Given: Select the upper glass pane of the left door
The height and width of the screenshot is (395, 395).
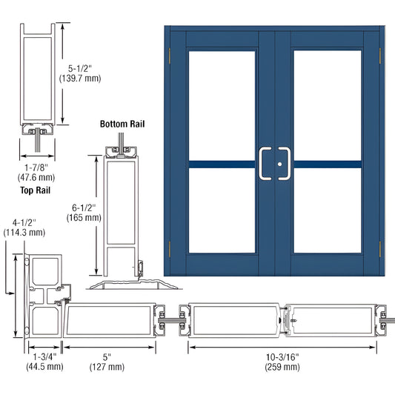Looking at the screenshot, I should tap(222, 104).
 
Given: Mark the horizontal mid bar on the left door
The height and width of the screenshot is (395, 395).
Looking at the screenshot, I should tap(222, 163).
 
